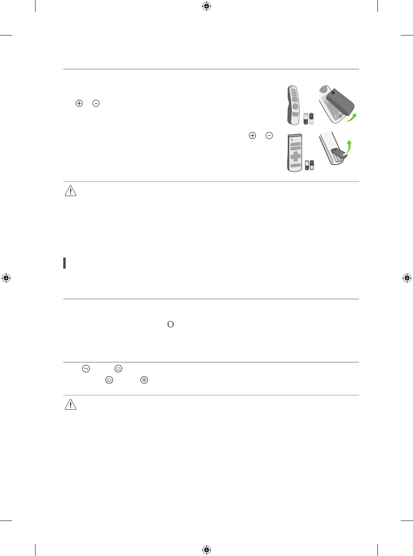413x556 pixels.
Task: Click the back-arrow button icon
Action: [x=86, y=369]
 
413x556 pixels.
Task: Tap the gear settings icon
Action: [x=144, y=380]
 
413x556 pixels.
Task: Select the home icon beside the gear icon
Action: [x=109, y=380]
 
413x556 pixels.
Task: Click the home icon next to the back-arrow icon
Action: [x=118, y=369]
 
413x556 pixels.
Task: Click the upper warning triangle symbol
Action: [x=71, y=191]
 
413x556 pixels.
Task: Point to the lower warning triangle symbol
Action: [x=71, y=405]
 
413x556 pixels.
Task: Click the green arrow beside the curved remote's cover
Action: [x=351, y=117]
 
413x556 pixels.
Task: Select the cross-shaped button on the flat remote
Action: [x=295, y=157]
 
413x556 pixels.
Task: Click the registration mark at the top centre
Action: [x=206, y=6]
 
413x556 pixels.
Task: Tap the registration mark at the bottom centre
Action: [x=206, y=550]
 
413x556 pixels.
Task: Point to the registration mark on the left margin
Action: [x=6, y=278]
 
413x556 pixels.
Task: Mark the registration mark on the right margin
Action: [x=406, y=278]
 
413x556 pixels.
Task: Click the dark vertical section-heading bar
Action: [x=64, y=263]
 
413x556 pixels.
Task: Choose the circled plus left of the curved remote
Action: [x=79, y=104]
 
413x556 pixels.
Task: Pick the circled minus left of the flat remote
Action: [x=269, y=135]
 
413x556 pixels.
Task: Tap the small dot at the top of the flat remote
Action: [x=292, y=139]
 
